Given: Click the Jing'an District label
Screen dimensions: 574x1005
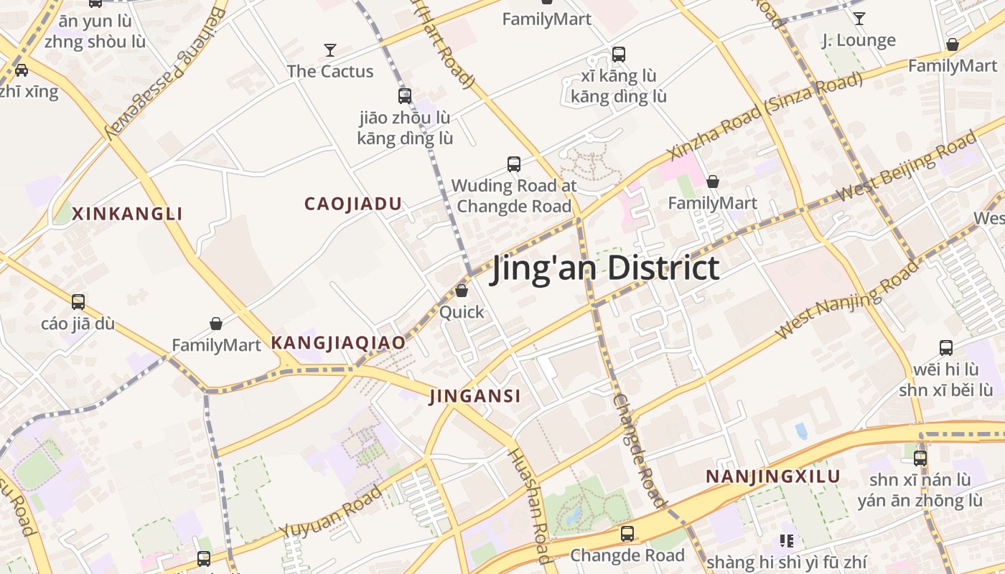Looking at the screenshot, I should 604,268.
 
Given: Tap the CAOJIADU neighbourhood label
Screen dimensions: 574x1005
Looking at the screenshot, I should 353,204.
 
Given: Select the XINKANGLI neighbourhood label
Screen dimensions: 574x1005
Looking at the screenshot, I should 128,213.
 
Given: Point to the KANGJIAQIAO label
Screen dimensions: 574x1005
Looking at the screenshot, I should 338,343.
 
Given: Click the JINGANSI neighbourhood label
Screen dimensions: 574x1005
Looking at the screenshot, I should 475,396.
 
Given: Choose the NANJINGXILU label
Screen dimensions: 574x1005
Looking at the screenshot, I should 773,476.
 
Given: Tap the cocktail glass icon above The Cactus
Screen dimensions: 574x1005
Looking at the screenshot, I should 330,50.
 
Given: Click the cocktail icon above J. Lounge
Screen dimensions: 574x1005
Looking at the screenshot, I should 859,19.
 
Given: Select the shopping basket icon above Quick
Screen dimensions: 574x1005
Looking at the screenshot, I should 462,291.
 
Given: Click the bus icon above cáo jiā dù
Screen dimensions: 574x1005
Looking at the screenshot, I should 78,302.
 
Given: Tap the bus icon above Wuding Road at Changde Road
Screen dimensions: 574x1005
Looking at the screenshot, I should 514,164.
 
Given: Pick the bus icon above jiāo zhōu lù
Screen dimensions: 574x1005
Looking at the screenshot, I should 405,95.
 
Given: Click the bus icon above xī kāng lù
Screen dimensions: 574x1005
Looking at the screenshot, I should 619,54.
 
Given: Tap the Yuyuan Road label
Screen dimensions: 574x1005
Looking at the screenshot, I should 332,512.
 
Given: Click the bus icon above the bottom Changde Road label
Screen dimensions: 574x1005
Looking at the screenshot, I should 627,534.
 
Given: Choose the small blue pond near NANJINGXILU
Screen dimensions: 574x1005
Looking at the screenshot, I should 801,430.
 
